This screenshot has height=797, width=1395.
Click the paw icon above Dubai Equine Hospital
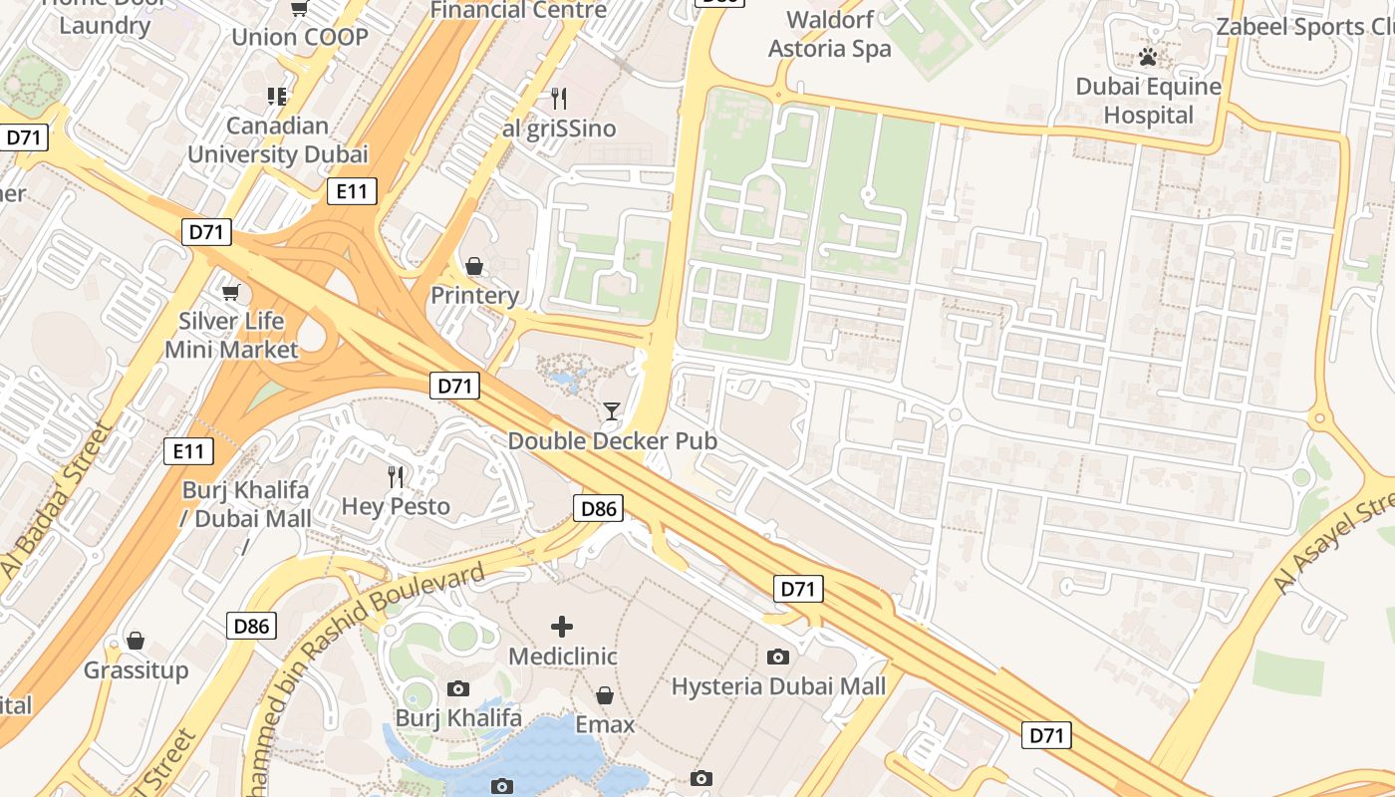(1148, 57)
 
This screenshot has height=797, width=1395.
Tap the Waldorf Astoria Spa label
(830, 34)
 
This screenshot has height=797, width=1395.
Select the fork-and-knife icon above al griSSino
(559, 98)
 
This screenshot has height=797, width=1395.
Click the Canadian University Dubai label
(277, 139)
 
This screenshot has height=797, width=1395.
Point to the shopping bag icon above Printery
(474, 266)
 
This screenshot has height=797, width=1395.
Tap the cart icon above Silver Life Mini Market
(231, 292)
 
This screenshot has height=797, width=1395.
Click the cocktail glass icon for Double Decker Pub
(612, 410)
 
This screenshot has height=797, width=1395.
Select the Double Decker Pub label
(612, 440)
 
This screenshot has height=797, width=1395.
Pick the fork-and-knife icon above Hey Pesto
(397, 477)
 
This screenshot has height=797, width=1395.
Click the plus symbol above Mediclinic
(562, 627)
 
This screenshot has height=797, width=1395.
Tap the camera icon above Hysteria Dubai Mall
(778, 657)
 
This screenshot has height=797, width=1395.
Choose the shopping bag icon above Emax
(604, 695)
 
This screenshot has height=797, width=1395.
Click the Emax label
(604, 724)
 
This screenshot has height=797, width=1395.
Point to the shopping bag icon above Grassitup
(136, 641)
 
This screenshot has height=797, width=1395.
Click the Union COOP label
(299, 38)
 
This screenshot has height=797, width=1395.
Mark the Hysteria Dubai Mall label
(778, 686)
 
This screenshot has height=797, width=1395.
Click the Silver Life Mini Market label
(231, 336)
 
